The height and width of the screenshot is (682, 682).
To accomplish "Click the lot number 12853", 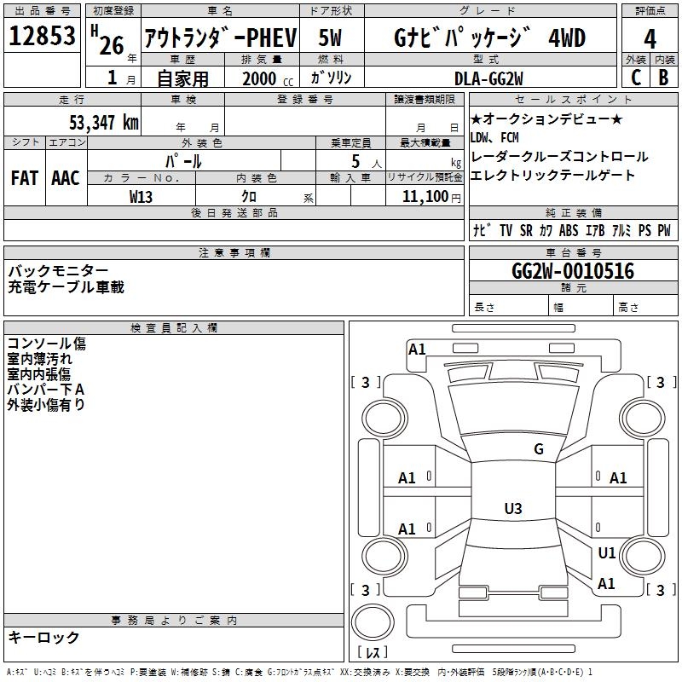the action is pyautogui.click(x=42, y=36).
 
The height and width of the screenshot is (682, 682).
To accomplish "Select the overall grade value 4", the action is pyautogui.click(x=650, y=38).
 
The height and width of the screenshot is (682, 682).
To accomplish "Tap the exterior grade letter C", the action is pyautogui.click(x=636, y=78).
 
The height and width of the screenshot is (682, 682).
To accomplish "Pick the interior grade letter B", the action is pyautogui.click(x=663, y=78).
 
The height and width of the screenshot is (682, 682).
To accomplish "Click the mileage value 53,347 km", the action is pyautogui.click(x=104, y=122).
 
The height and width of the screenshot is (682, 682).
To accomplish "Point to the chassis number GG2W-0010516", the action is pyautogui.click(x=573, y=271).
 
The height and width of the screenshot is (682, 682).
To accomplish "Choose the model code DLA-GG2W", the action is pyautogui.click(x=488, y=78).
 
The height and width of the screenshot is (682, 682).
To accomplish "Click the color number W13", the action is pyautogui.click(x=141, y=197).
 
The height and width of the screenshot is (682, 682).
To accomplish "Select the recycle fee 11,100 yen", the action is pyautogui.click(x=431, y=197).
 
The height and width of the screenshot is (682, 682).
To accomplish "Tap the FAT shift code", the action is pyautogui.click(x=24, y=178).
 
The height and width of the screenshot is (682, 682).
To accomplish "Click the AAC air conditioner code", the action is pyautogui.click(x=66, y=178).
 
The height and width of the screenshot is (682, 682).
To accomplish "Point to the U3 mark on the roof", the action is pyautogui.click(x=513, y=508).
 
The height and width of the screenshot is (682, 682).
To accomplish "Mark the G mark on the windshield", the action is pyautogui.click(x=539, y=449).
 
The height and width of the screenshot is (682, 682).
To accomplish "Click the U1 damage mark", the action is pyautogui.click(x=607, y=552).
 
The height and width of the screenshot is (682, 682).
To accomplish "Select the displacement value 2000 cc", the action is pyautogui.click(x=268, y=78).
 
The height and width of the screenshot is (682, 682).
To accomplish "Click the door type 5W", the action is pyautogui.click(x=330, y=38).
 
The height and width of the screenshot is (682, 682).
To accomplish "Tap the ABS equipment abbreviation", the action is pyautogui.click(x=569, y=230).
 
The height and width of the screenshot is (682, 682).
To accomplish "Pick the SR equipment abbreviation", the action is pyautogui.click(x=526, y=230).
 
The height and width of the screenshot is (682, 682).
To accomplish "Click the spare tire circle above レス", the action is pyautogui.click(x=373, y=621).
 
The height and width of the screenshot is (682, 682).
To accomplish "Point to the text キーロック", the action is pyautogui.click(x=43, y=637).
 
